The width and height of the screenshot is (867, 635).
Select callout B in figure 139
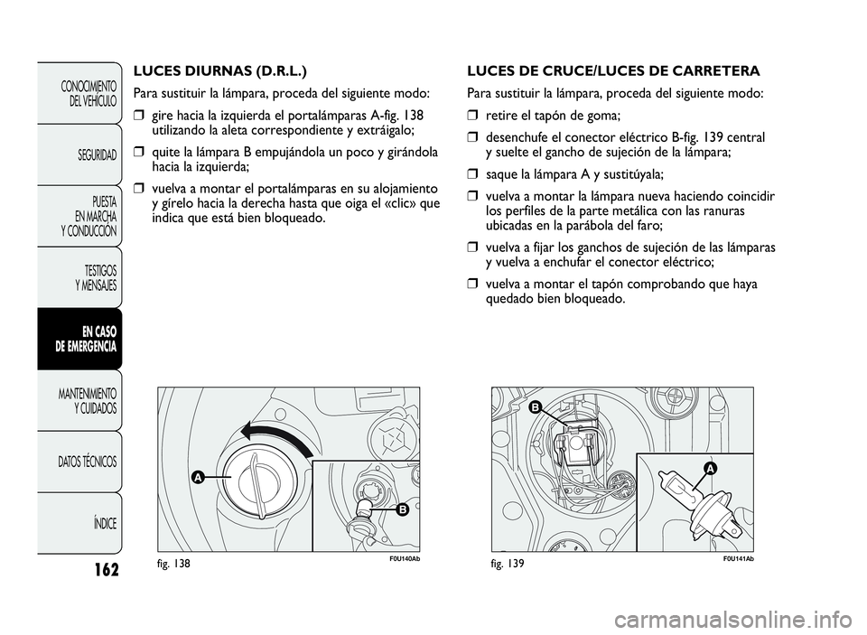pos(535,407)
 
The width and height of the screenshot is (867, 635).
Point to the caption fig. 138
pos(174,562)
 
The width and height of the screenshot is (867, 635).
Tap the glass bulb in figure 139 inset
pos(676,493)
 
